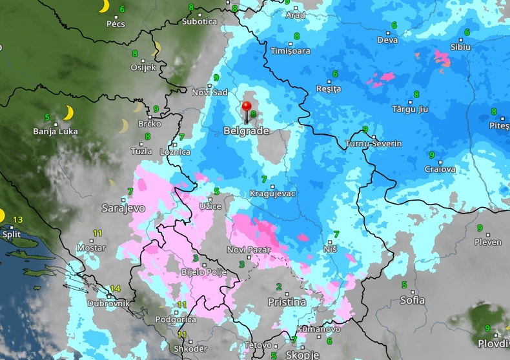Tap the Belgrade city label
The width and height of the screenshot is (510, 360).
click(246, 131)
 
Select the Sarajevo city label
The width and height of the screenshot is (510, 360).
click(123, 208)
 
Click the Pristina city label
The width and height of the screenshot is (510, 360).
click(287, 302)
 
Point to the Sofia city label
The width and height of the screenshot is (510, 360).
click(413, 300)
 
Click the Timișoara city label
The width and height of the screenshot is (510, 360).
click(290, 51)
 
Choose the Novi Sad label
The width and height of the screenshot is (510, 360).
click(210, 92)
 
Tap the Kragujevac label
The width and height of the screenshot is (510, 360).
click(272, 194)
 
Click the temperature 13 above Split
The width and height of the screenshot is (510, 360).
click(18, 219)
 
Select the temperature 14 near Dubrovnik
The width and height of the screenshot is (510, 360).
click(116, 288)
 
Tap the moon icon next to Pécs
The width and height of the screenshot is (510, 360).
click(103, 6)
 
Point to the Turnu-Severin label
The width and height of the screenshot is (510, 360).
click(374, 144)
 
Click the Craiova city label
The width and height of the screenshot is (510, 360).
click(440, 169)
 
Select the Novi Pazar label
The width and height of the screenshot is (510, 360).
click(246, 250)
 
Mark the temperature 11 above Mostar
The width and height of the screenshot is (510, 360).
click(97, 233)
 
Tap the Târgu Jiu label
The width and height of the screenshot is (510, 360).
click(410, 109)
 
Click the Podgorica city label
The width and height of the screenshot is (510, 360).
click(176, 319)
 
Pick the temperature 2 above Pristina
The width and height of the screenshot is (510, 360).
click(279, 286)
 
